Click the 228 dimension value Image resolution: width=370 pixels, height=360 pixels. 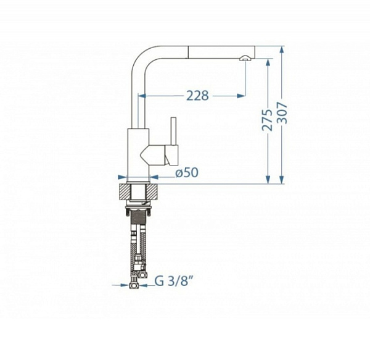197,96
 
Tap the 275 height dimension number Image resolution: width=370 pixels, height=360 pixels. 268,120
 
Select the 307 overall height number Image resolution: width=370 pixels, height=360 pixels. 282,113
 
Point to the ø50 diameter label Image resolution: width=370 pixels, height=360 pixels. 187,173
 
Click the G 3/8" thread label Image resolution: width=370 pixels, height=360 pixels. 173,281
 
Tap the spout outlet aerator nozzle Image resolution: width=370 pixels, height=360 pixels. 245,58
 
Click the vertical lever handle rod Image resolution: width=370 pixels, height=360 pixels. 174,131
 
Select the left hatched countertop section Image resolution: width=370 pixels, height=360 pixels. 125,191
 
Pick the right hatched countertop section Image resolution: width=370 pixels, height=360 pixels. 152,191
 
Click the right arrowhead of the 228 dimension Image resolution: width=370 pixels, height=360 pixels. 241,96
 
